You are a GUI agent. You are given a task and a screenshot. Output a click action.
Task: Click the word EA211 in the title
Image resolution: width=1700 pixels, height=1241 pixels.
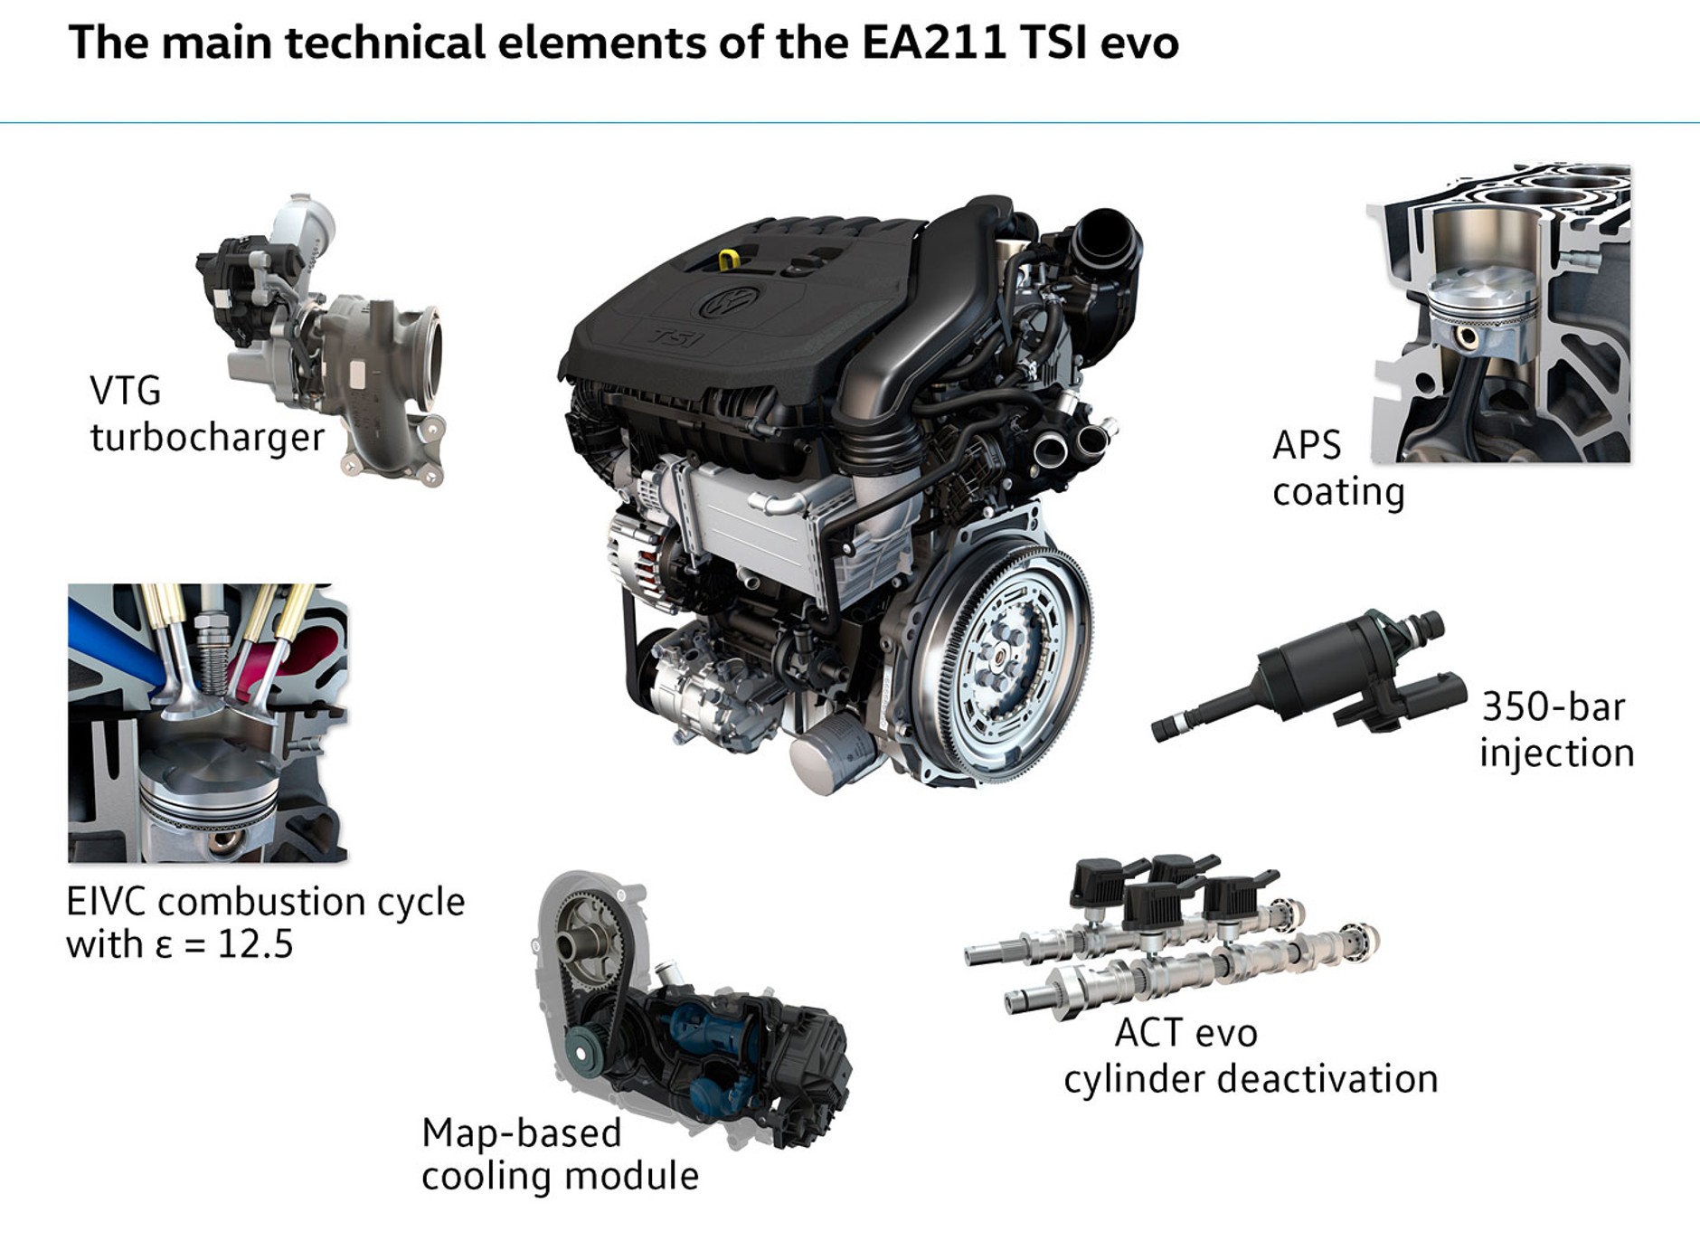point(933,43)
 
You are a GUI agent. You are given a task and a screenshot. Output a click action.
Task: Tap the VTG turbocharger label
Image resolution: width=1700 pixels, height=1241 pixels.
point(207,414)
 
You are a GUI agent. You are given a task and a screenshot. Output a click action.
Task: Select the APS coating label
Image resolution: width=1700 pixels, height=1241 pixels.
point(1338,469)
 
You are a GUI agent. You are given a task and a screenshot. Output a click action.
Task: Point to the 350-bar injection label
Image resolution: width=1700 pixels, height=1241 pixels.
point(1556,730)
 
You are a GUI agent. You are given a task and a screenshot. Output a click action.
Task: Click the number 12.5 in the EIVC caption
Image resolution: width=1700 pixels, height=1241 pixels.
point(256,944)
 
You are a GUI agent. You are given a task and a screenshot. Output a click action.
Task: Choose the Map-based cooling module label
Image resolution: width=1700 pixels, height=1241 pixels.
point(560,1154)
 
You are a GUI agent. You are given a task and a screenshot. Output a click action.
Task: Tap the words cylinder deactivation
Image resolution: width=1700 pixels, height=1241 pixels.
point(1251,1079)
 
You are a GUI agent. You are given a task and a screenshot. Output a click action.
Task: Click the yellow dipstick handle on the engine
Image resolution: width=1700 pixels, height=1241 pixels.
point(729,261)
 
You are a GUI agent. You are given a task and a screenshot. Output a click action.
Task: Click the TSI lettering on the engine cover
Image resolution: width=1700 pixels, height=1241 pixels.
point(676,338)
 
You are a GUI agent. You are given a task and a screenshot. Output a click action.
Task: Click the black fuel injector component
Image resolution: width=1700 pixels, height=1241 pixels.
point(1308,675)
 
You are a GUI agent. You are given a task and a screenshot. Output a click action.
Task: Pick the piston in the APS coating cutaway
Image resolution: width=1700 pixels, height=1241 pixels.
point(1483,312)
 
